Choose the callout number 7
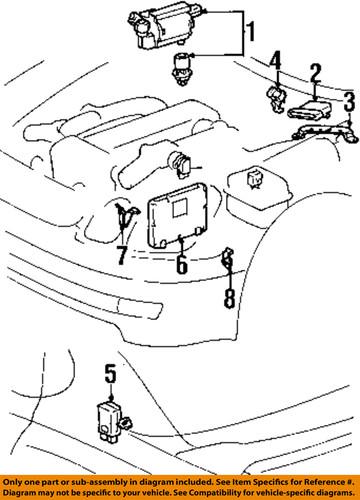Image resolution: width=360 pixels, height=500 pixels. [120, 255]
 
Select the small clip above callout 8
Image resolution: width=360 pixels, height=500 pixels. [227, 262]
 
